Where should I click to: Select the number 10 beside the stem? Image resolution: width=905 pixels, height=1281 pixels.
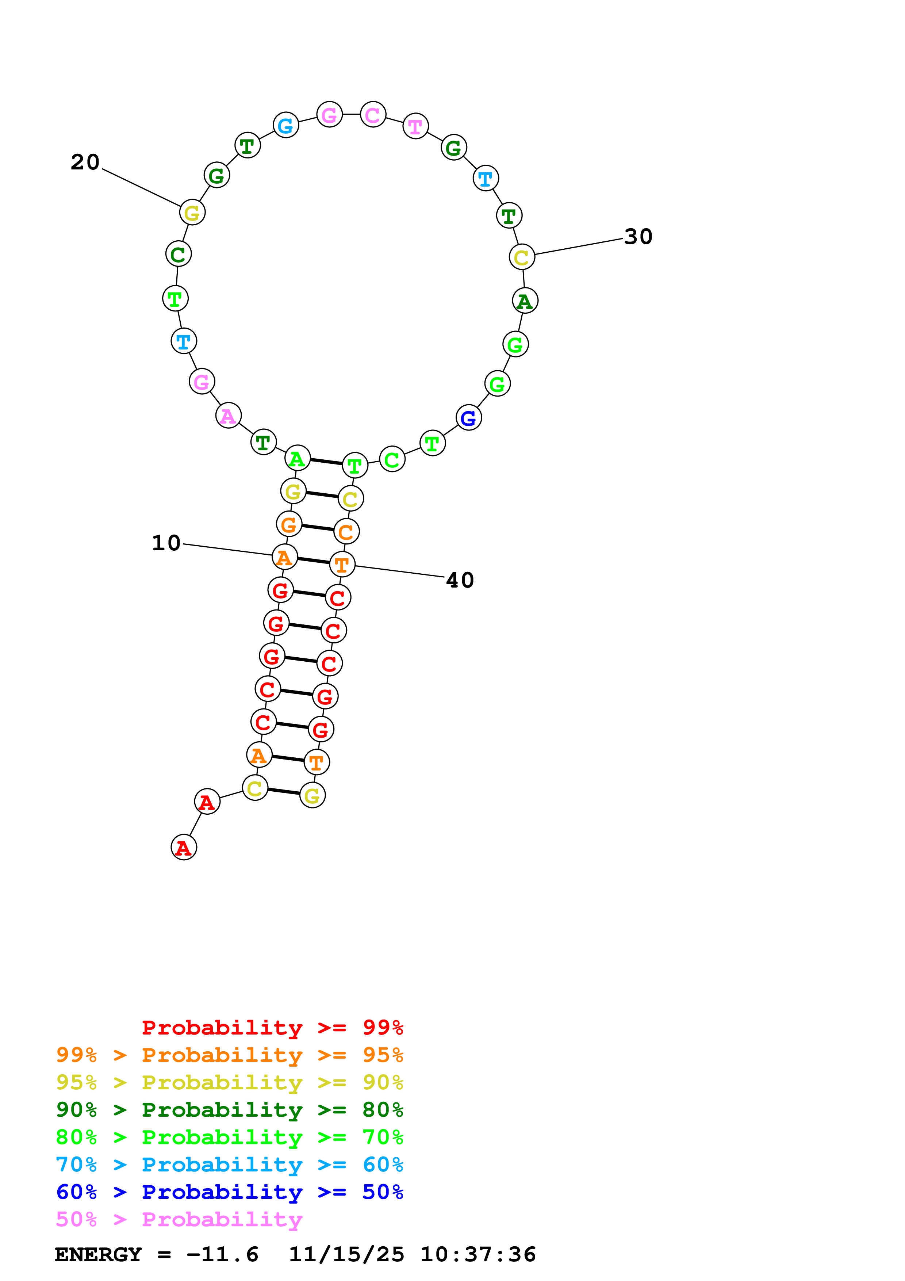(x=166, y=543)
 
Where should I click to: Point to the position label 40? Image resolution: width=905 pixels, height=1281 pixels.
(x=460, y=580)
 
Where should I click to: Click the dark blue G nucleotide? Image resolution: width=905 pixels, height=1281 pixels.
(x=468, y=417)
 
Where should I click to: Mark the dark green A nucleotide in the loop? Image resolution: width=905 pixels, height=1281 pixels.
(x=525, y=301)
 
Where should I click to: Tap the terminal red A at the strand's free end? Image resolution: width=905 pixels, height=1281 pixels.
(x=184, y=848)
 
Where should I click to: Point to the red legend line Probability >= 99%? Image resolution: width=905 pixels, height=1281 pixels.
(x=272, y=1028)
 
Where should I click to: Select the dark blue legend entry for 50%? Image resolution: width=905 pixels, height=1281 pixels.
(x=229, y=1192)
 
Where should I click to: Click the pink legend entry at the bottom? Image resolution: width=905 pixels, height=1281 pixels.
(x=179, y=1220)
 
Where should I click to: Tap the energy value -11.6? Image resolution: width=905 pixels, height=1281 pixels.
(x=222, y=1255)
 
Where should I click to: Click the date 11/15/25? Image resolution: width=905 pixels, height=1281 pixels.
(x=346, y=1255)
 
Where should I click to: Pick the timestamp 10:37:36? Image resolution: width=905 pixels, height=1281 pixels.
(x=478, y=1255)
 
